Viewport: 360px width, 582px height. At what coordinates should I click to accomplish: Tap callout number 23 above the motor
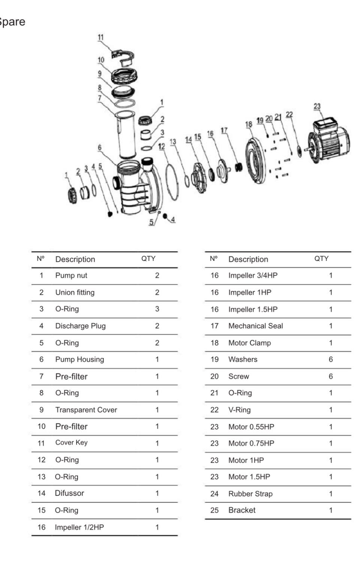[x=317, y=106]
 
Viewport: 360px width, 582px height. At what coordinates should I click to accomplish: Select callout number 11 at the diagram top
[x=100, y=38]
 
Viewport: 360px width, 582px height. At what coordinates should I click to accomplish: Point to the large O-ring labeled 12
[x=172, y=182]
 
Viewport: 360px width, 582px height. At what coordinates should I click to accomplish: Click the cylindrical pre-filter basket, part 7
[x=126, y=135]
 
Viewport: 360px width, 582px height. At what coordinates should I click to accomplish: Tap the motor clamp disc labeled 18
[x=256, y=161]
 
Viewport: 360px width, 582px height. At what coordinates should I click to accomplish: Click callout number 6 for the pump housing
[x=99, y=147]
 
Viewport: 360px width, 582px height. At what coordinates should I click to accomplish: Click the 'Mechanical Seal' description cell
[x=256, y=326]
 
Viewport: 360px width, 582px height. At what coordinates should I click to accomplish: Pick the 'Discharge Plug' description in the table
[x=81, y=326]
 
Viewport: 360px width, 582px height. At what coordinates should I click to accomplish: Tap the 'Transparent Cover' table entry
[x=86, y=410]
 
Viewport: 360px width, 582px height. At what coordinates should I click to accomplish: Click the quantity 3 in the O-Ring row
[x=157, y=309]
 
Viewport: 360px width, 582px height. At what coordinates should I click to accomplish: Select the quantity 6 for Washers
[x=331, y=359]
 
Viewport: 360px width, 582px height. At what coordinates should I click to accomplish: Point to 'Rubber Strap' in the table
[x=250, y=494]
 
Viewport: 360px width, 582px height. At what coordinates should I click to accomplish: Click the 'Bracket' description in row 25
[x=242, y=510]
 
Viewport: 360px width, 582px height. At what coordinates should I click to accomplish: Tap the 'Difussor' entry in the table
[x=69, y=493]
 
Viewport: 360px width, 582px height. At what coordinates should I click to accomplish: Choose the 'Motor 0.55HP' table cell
[x=251, y=427]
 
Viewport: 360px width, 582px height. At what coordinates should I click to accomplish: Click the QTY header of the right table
[x=321, y=259]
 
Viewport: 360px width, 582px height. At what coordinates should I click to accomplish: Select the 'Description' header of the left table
[x=75, y=259]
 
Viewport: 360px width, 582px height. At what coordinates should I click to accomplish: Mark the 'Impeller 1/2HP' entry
[x=79, y=527]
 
